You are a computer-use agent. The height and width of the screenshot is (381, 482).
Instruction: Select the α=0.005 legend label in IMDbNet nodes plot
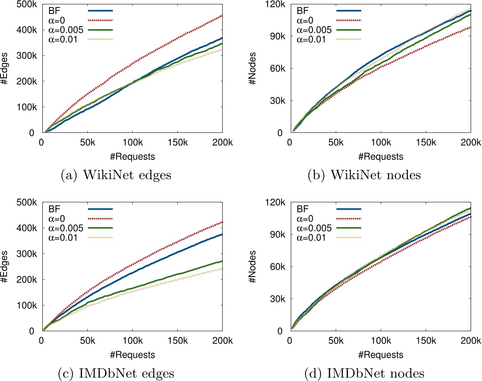pyautogui.click(x=314, y=228)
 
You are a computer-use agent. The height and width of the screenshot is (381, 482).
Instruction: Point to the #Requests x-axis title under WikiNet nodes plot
pyautogui.click(x=380, y=156)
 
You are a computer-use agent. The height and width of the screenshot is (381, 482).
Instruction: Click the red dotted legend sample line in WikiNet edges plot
pyautogui.click(x=100, y=20)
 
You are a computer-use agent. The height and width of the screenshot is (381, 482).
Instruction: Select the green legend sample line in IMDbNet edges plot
pyautogui.click(x=100, y=228)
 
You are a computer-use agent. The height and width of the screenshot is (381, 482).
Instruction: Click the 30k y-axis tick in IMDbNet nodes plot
pyautogui.click(x=278, y=299)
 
